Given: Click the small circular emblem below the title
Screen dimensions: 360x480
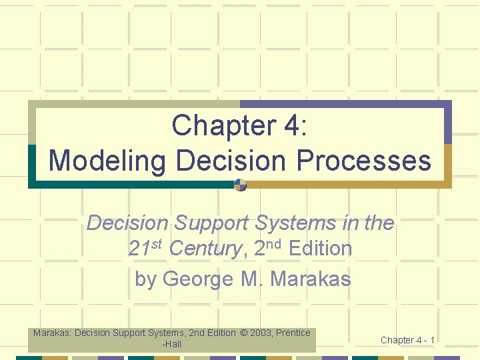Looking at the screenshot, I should coord(241,185).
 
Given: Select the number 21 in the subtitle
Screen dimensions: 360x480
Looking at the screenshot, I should coord(139,249).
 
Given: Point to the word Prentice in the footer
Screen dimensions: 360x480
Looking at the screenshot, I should coord(293,333).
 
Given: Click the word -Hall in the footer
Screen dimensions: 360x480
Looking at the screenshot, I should coord(171,344).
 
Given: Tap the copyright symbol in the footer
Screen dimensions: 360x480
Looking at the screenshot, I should coord(244,333).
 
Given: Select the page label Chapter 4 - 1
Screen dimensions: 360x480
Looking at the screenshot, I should coord(407,340).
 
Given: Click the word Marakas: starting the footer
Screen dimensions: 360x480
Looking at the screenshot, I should coord(53,333).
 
